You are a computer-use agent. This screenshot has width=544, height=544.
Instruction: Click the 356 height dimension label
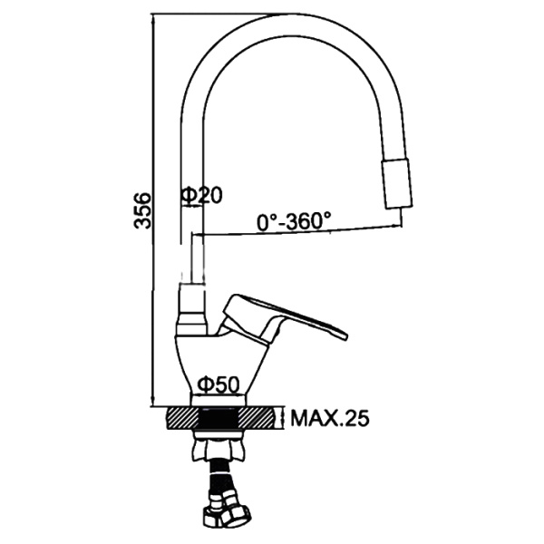click(x=142, y=210)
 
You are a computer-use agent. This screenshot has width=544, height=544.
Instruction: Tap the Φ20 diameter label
click(x=201, y=195)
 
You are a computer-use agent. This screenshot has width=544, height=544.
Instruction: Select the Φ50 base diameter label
click(x=219, y=384)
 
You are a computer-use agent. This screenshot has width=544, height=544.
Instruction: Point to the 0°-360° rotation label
click(x=294, y=221)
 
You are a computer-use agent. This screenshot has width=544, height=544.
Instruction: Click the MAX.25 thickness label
click(x=330, y=418)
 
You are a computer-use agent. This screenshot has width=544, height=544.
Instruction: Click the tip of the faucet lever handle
click(x=345, y=335)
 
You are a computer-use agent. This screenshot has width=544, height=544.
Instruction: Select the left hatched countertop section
click(x=182, y=418)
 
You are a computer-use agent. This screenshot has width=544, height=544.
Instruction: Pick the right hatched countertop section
click(x=260, y=418)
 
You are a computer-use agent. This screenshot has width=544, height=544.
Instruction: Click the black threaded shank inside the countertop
click(x=219, y=418)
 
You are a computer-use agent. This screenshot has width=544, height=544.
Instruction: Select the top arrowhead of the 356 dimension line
click(x=152, y=18)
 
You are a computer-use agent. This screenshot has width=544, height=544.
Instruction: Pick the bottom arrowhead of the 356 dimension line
click(x=152, y=403)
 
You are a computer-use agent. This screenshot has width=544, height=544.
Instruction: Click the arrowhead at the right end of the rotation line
click(x=398, y=226)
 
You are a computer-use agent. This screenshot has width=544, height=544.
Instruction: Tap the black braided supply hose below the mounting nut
click(x=220, y=476)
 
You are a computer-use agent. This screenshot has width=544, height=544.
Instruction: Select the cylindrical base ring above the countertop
click(x=219, y=401)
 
